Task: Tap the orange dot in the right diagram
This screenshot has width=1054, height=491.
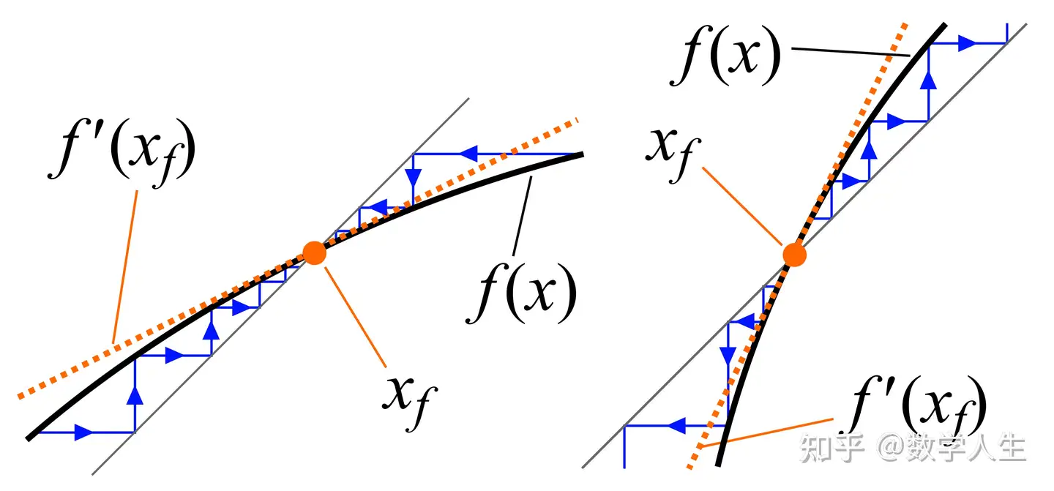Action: coord(794,255)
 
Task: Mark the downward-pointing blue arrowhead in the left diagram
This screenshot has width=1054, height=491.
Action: coord(414,178)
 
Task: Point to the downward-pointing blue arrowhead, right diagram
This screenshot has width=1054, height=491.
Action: coord(728,356)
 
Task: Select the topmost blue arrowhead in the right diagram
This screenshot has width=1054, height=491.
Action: coord(968,43)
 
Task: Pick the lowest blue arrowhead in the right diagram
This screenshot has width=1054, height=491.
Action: coord(675,424)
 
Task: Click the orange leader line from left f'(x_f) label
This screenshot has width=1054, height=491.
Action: coord(124,263)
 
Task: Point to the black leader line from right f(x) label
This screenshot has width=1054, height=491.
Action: coord(849,52)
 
